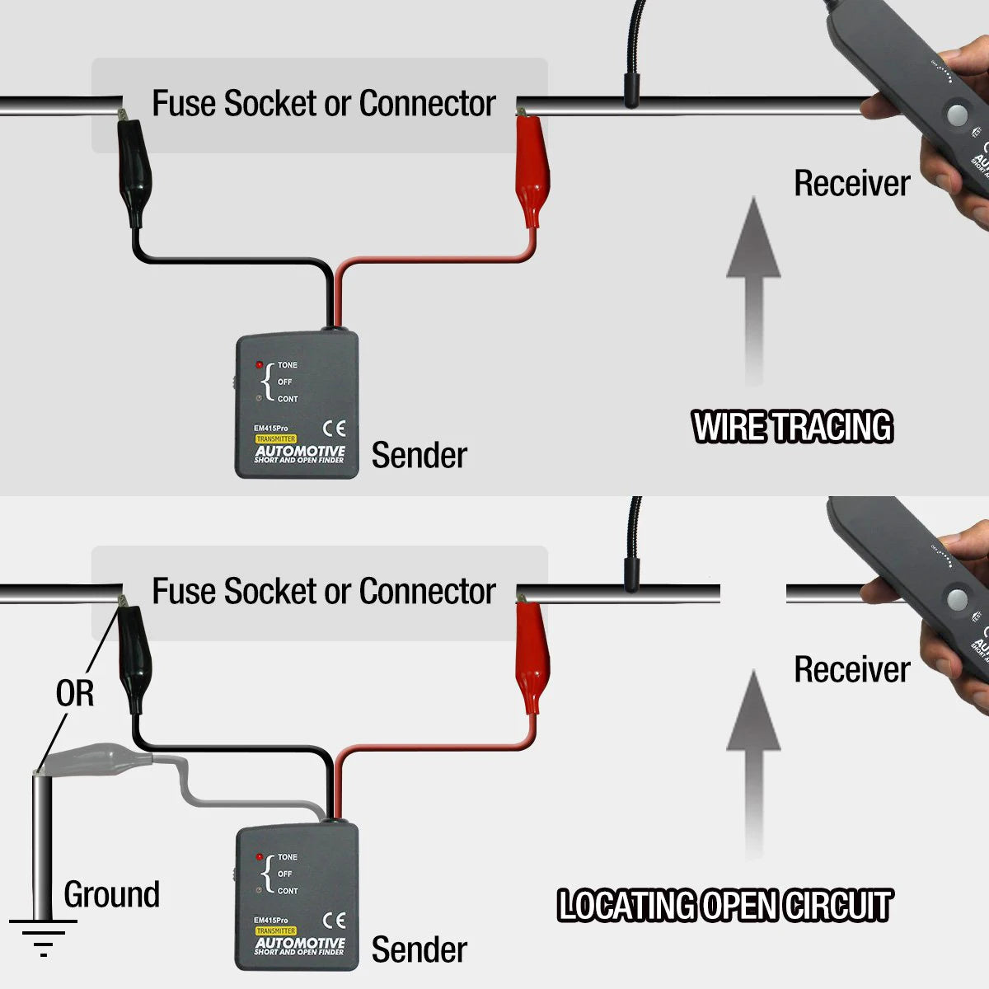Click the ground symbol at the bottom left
(42, 935)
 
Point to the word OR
(75, 694)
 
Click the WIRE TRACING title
(792, 427)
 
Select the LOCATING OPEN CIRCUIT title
(724, 905)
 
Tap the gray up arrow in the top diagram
(753, 288)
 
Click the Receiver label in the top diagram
(851, 183)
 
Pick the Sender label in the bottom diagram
(419, 949)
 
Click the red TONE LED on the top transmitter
(260, 365)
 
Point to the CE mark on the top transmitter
(335, 429)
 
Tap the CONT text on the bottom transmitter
(288, 891)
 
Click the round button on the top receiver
(957, 115)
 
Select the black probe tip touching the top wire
(631, 91)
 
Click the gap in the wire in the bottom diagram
(753, 593)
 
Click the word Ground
(112, 894)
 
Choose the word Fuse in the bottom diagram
(185, 591)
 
